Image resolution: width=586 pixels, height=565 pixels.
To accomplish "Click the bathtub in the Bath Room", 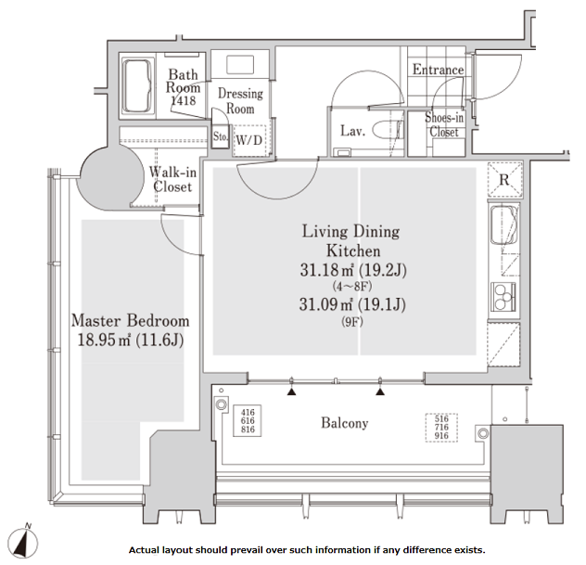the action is pos(137,85).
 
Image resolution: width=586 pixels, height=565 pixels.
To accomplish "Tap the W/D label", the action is pos(249,140).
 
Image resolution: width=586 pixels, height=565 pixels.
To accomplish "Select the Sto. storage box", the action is pos(220,137).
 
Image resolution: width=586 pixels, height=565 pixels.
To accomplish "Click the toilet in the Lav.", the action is pos(388,130).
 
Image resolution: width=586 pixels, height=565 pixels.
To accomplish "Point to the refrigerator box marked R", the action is pos(505,180).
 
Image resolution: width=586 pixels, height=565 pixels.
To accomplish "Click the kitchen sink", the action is pos(504,225).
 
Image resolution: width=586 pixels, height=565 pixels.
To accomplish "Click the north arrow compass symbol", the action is pos(22,542).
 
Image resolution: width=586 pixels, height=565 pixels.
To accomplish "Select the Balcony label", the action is pos(345,423).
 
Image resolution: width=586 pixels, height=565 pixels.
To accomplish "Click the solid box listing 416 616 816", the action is pos(247,420).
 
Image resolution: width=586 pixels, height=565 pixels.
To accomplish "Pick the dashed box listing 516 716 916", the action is pos(441,428).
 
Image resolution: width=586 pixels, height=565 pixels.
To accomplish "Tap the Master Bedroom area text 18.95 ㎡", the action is pos(104,340).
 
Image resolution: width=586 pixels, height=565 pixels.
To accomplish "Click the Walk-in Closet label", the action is pos(172,179).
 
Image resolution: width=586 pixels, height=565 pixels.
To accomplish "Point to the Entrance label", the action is pos(438,70).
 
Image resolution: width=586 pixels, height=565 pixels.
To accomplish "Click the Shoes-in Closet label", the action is pos(444,125).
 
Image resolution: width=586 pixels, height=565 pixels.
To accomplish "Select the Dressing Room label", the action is pos(240,101).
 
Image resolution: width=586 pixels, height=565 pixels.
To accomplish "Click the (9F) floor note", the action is pos(352,322).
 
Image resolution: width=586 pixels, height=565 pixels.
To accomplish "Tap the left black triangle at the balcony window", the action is pos(291,392).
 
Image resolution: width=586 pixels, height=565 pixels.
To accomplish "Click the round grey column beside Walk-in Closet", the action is pos(110,178).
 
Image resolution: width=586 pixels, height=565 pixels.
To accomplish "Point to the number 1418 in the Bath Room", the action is pos(184,100).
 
